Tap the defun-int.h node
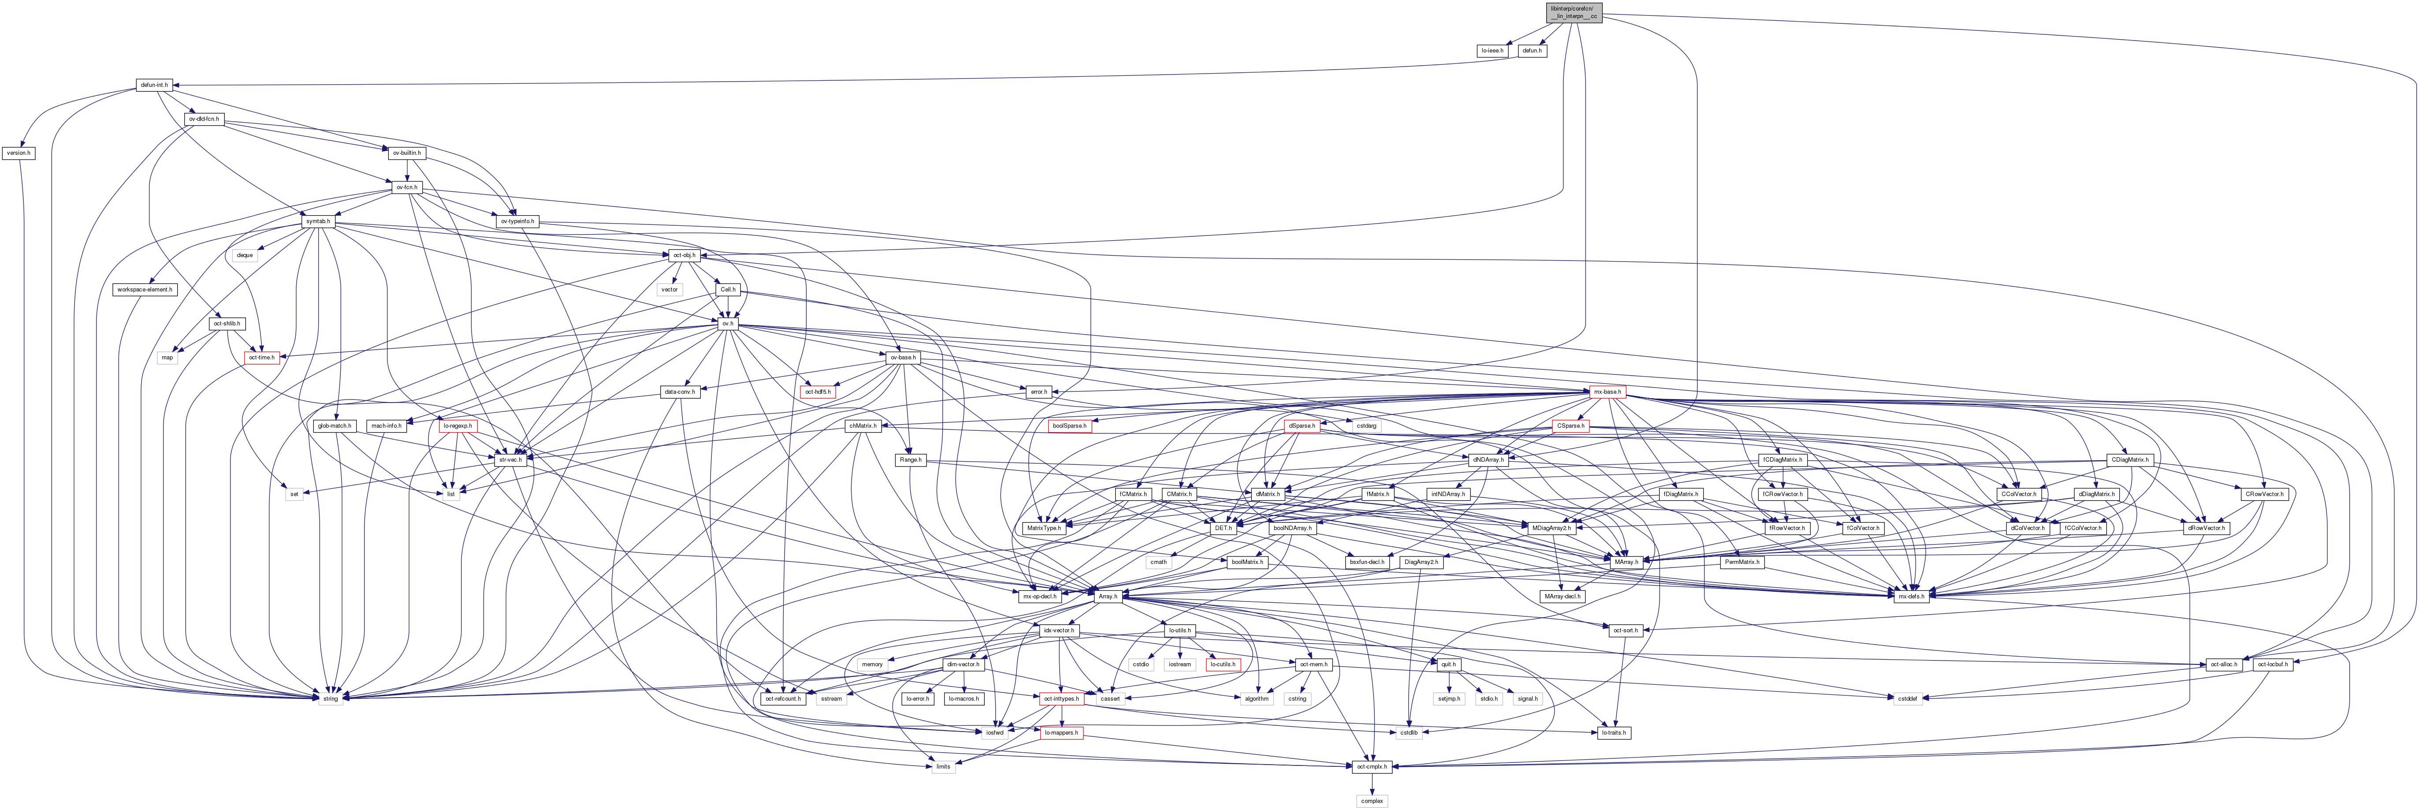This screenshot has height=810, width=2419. pos(154,85)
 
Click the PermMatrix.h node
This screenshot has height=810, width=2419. pos(1742,562)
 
